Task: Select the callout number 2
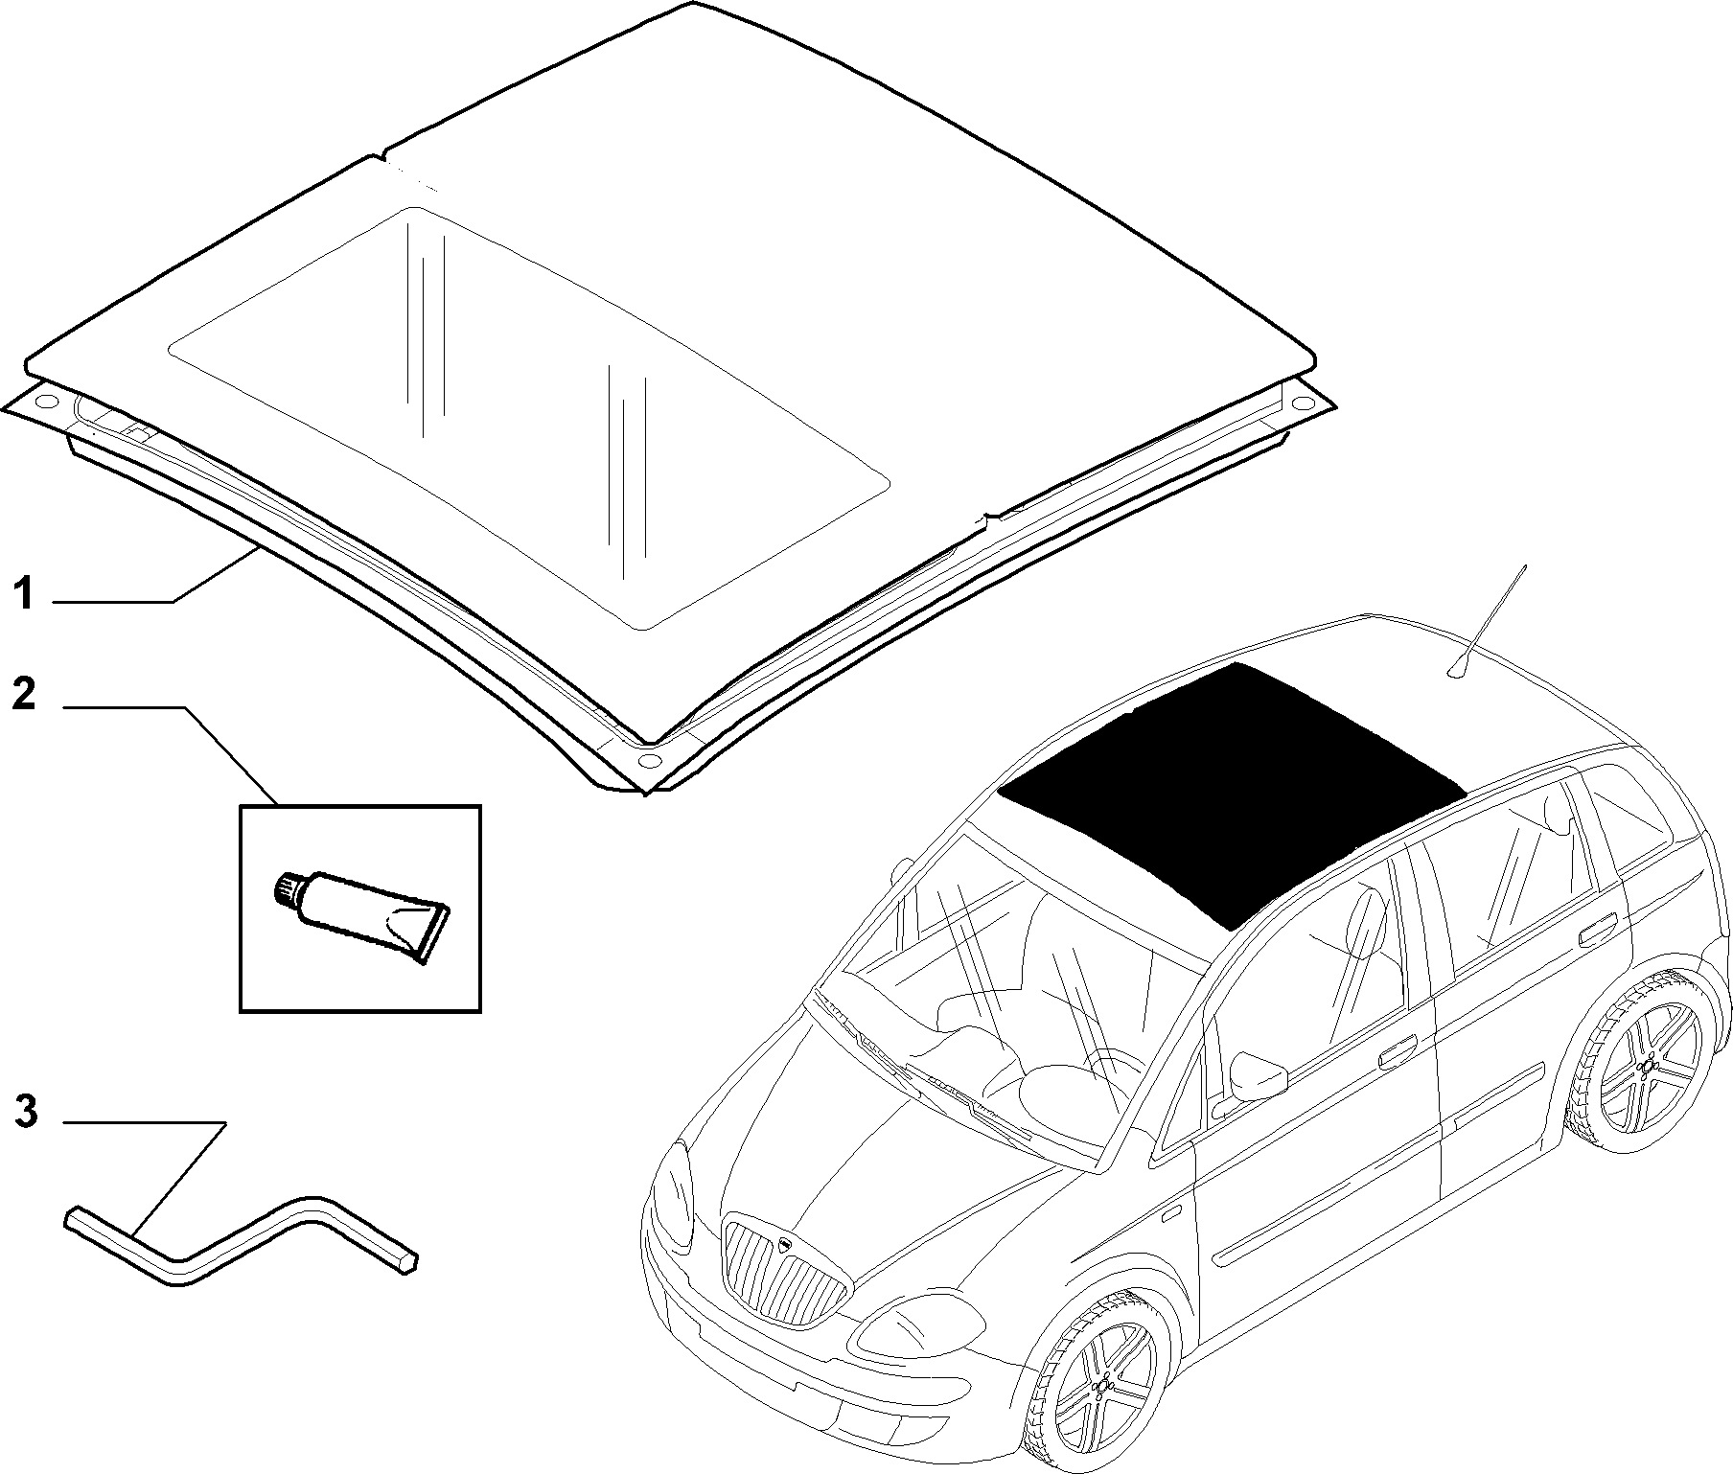point(24,693)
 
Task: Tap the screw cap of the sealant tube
point(287,888)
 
